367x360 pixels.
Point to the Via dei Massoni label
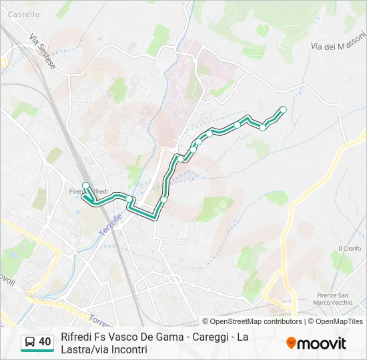338,45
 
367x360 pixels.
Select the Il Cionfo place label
349,249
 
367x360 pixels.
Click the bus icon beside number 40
29,343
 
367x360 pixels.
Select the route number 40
45,342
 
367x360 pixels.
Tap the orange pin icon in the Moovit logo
291,343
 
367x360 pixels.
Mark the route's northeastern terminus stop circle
283,109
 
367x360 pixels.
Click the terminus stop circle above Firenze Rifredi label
85,185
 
